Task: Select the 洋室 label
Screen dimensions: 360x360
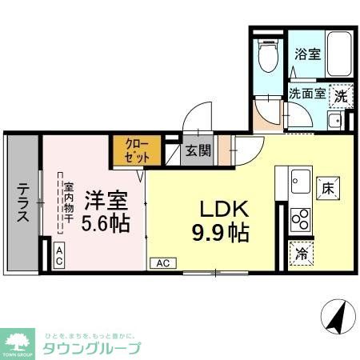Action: tap(106, 198)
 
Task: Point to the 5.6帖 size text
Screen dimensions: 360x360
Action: tap(106, 222)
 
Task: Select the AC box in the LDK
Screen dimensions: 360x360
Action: tap(161, 262)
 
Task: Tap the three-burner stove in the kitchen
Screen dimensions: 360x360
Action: tap(301, 217)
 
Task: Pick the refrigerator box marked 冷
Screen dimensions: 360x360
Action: tap(301, 251)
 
